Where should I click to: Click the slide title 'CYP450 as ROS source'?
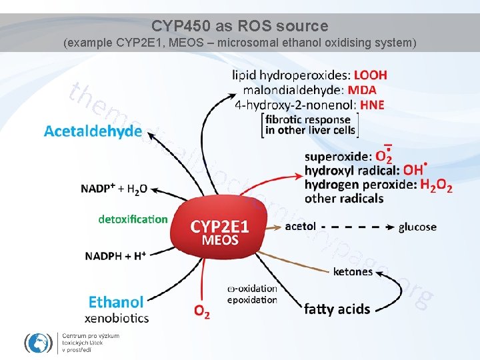click(x=240, y=26)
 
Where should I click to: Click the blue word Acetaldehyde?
click(x=93, y=131)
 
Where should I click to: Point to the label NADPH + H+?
click(x=115, y=255)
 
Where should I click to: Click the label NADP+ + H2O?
click(x=114, y=189)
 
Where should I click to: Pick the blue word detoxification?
click(x=133, y=219)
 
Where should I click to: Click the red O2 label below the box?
click(x=201, y=311)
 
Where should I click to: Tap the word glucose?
click(x=417, y=227)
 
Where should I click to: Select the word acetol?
click(x=300, y=226)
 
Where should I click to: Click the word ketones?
click(x=353, y=271)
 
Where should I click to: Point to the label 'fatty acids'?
click(x=337, y=309)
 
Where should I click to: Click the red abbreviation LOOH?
click(x=370, y=75)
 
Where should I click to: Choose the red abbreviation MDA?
click(x=362, y=89)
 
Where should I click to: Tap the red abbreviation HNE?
click(x=372, y=105)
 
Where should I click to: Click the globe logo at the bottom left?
click(x=38, y=343)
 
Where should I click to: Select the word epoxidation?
click(x=252, y=300)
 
